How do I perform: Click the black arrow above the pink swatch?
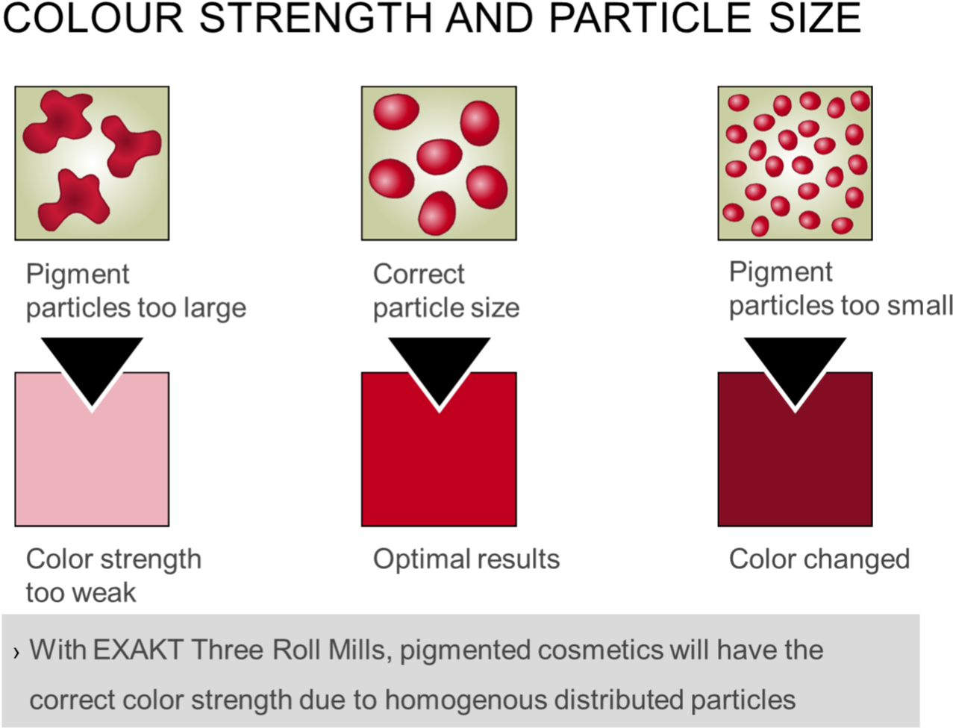pyautogui.click(x=92, y=366)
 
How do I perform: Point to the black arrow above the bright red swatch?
pyautogui.click(x=439, y=366)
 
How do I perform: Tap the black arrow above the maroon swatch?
pyautogui.click(x=795, y=366)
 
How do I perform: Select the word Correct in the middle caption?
pyautogui.click(x=419, y=274)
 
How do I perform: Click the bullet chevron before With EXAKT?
pyautogui.click(x=16, y=653)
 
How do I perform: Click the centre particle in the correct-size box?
pyautogui.click(x=440, y=157)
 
